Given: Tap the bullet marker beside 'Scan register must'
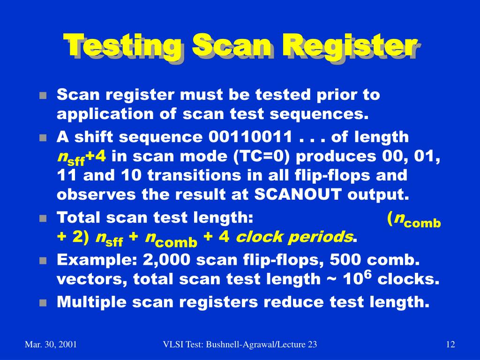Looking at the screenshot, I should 43,96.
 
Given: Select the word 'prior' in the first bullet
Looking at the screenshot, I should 319,95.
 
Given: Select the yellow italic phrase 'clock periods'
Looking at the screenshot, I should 294,237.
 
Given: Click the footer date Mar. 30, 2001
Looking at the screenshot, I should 51,345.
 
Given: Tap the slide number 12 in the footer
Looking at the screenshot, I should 450,345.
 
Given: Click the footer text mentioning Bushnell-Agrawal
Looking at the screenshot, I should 240,345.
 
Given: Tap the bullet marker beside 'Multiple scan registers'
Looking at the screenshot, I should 43,303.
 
